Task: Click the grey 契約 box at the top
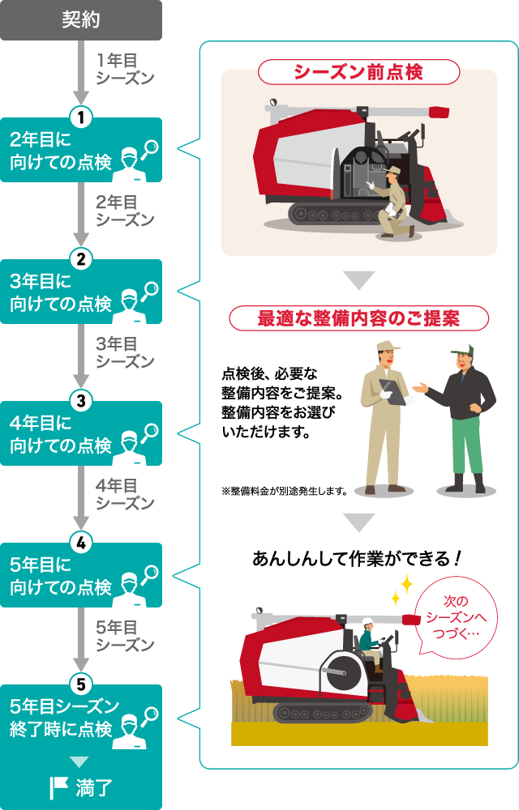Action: pos(81,20)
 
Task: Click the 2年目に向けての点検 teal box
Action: pos(81,151)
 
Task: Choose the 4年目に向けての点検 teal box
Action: pos(81,435)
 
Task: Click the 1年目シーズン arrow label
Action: pos(124,69)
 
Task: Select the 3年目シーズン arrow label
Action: pos(124,352)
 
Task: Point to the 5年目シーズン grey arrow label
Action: pos(124,636)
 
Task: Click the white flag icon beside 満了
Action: pos(58,787)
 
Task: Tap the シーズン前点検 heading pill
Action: pos(358,72)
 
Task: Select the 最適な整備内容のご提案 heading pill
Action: pos(358,318)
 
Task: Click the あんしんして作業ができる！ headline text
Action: pos(358,558)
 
